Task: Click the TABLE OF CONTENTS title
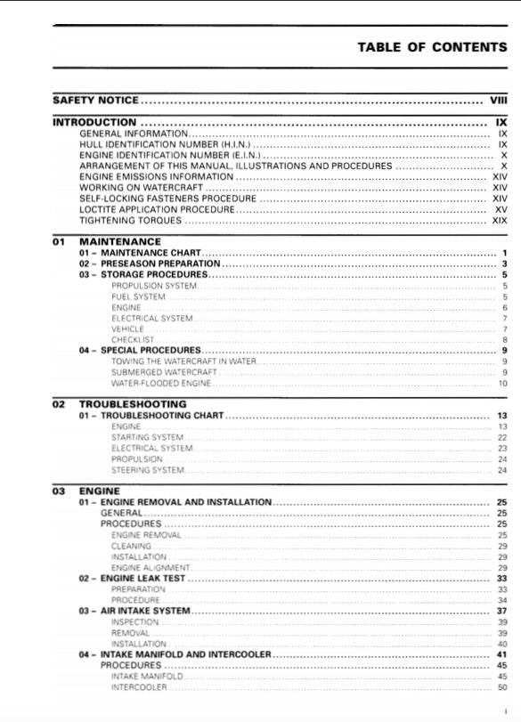[x=432, y=46]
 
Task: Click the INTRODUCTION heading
[x=95, y=122]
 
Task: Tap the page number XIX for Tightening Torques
[x=500, y=220]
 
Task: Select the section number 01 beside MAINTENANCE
[x=59, y=241]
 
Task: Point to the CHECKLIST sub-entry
[x=133, y=339]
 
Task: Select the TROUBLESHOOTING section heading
[x=133, y=404]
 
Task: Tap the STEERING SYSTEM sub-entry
[x=148, y=469]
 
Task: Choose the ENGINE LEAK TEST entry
[x=142, y=579]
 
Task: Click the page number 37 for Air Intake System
[x=501, y=611]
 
